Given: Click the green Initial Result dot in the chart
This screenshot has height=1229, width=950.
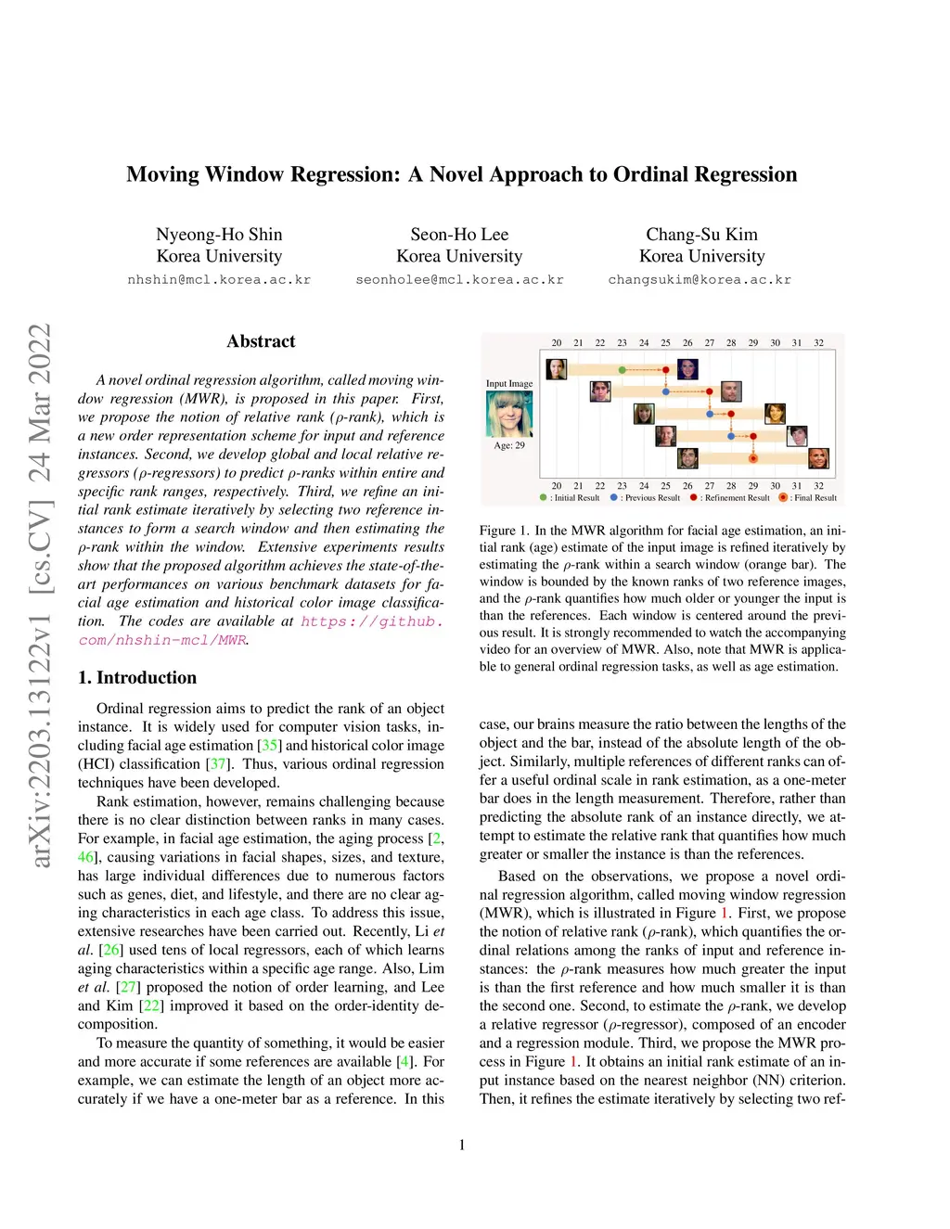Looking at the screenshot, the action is [x=622, y=370].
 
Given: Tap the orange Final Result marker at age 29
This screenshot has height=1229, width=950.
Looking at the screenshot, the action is [x=752, y=459].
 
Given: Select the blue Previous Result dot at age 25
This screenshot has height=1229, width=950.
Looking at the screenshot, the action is [x=665, y=391].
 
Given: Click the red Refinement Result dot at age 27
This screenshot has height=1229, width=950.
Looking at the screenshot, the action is [x=709, y=391].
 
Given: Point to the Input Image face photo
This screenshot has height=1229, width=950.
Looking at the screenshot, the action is [x=509, y=414].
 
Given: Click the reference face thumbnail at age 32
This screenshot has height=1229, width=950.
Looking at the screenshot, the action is [x=818, y=458].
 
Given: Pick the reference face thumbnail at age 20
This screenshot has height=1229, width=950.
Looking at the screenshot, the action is [x=557, y=369].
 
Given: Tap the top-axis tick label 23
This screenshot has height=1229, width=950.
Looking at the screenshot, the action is [x=622, y=343].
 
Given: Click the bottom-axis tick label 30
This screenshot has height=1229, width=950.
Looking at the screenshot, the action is [x=775, y=485].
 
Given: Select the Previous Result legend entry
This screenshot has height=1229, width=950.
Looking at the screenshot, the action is [x=645, y=498].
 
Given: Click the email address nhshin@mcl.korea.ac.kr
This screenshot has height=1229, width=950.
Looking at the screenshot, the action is [x=219, y=280].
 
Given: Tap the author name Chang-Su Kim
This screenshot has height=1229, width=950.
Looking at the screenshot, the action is [x=701, y=234].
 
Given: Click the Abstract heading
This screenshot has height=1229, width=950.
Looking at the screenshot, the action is [x=261, y=341].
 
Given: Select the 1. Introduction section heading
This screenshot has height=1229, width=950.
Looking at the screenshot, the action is [x=137, y=677].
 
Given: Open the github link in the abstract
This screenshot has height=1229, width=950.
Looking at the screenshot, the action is [x=261, y=631].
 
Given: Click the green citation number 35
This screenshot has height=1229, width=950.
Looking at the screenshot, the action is [x=270, y=746].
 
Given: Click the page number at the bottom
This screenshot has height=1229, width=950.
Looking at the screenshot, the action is [x=462, y=1146].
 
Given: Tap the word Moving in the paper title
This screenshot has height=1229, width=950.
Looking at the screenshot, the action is [x=163, y=174].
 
